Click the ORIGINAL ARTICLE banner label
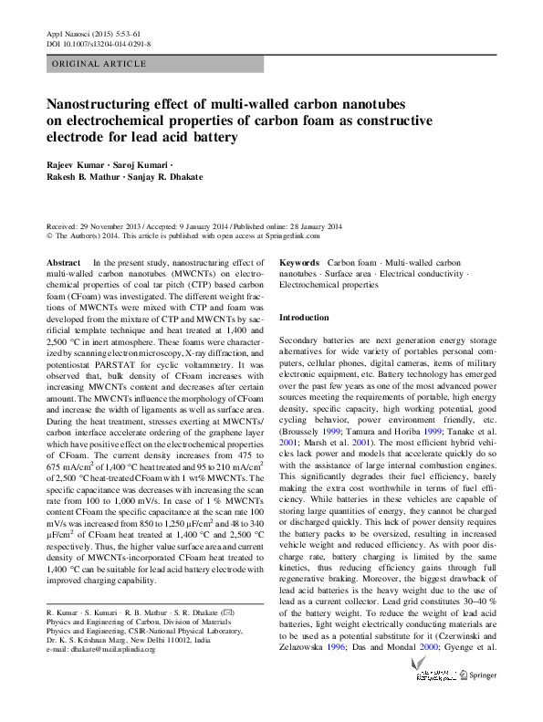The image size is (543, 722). pos(99,64)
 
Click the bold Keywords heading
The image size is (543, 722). pos(299,263)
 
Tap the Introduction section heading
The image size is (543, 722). pos(304,317)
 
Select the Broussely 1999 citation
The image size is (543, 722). pos(309,429)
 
